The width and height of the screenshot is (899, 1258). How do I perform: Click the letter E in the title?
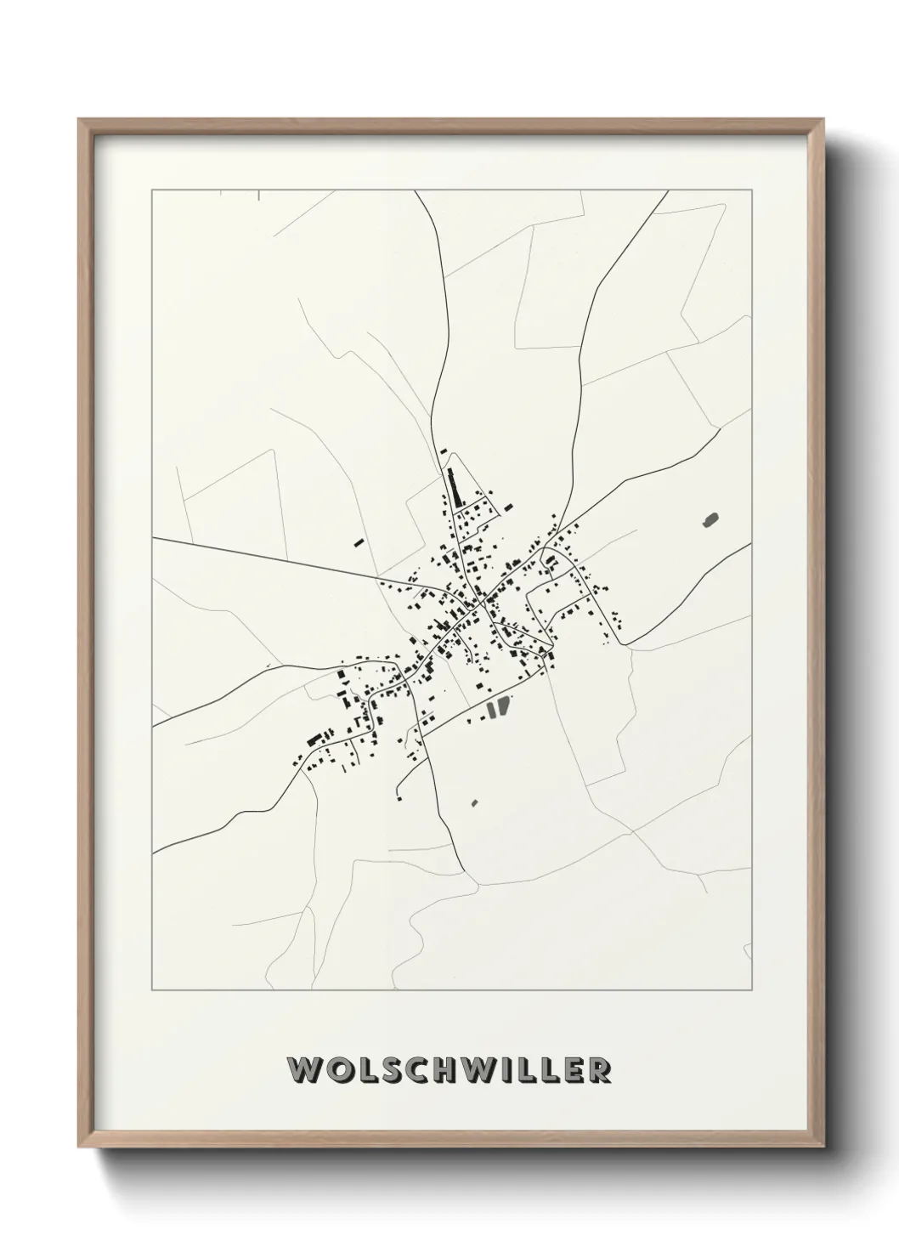[x=573, y=1069]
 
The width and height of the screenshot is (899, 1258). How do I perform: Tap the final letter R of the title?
[x=599, y=1069]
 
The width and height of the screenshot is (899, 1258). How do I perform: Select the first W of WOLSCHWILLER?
[x=304, y=1069]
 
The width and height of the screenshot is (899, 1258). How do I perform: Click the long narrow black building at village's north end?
[x=450, y=487]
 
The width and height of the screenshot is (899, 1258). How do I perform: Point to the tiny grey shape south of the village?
[x=474, y=802]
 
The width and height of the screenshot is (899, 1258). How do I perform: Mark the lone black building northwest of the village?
[x=359, y=541]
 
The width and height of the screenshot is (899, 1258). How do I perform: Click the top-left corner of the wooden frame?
[x=79, y=120]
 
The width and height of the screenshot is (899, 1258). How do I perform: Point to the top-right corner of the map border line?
[x=754, y=190]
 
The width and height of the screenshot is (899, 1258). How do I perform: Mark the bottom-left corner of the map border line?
[x=151, y=990]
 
